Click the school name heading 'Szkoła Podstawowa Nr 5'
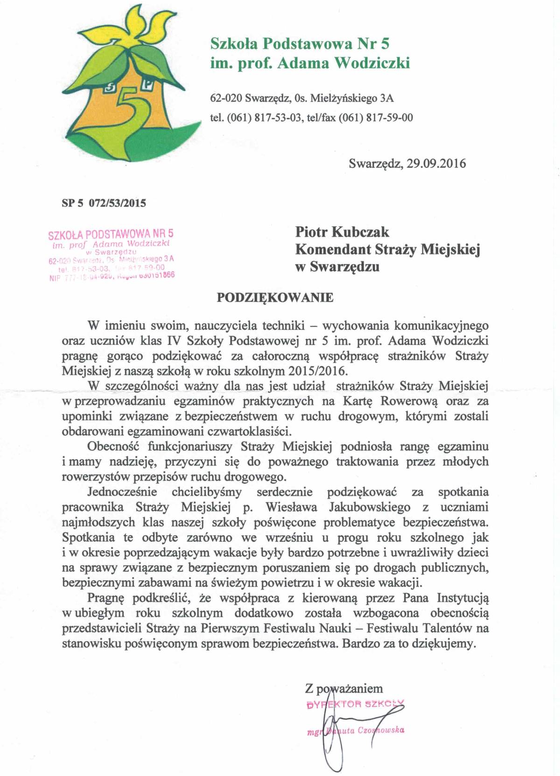point(300,43)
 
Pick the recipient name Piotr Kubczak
point(342,232)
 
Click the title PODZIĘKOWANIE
point(275,297)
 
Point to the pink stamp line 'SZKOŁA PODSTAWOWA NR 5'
point(111,233)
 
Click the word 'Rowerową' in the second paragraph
point(409,401)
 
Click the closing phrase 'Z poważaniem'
point(344,688)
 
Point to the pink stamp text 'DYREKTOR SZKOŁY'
point(355,704)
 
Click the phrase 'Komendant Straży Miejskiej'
point(387,249)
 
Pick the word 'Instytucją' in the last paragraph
point(462,598)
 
